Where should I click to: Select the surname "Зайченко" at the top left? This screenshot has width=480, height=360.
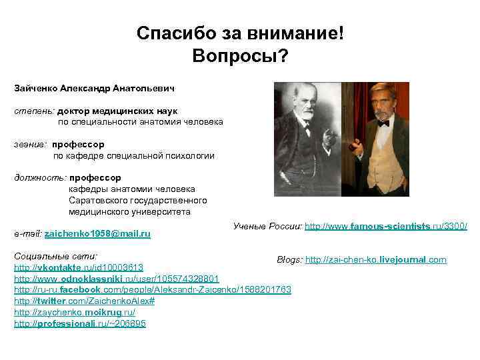pyautogui.click(x=35, y=87)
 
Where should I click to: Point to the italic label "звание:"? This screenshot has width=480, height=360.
pyautogui.click(x=31, y=144)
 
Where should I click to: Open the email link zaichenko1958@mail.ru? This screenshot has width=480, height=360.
pyautogui.click(x=97, y=234)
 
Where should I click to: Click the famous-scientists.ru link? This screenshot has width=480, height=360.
pyautogui.click(x=386, y=227)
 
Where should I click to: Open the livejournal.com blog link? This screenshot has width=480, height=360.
pyautogui.click(x=375, y=259)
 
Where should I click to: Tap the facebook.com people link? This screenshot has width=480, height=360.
pyautogui.click(x=153, y=290)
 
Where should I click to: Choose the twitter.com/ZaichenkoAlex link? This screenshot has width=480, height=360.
pyautogui.click(x=84, y=301)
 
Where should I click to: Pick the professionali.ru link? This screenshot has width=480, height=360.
pyautogui.click(x=80, y=324)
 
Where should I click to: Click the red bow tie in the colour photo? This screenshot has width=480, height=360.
pyautogui.click(x=383, y=123)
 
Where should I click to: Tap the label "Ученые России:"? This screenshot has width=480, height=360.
pyautogui.click(x=267, y=227)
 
